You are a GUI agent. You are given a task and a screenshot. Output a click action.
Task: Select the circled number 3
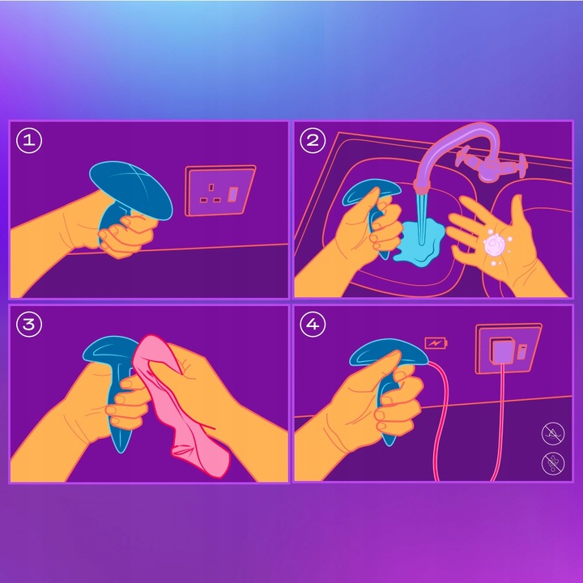tap(29, 325)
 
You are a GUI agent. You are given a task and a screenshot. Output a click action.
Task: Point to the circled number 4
tap(313, 325)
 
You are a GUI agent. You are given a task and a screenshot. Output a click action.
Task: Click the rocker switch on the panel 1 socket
tap(233, 195)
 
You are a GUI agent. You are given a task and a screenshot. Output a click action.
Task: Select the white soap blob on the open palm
tap(495, 244)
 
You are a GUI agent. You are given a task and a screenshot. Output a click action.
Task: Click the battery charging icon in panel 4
tap(436, 343)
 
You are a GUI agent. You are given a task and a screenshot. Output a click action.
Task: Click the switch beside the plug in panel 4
tap(523, 350)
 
